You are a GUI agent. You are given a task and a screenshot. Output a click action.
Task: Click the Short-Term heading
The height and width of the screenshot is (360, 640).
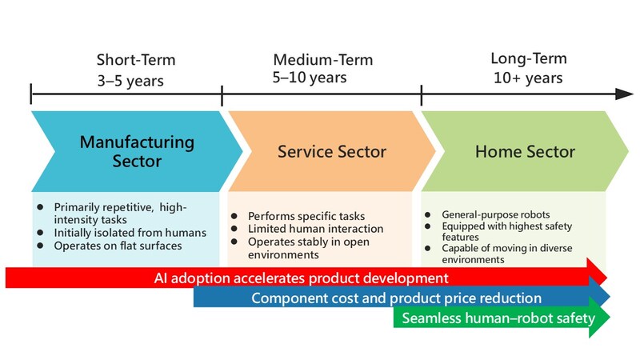tap(135, 60)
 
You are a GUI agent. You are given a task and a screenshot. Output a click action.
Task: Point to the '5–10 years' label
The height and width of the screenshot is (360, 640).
tap(310, 78)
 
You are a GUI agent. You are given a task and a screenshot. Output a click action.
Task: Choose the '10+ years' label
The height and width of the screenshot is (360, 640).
tap(527, 78)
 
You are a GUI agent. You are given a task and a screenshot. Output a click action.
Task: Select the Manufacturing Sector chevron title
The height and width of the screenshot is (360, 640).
tap(137, 151)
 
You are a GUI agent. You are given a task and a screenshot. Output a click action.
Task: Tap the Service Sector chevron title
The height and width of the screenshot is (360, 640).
tap(332, 151)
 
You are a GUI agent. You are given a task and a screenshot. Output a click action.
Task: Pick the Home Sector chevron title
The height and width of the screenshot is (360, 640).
tap(525, 151)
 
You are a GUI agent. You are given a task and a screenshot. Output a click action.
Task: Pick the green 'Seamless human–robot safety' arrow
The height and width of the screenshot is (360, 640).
tap(498, 318)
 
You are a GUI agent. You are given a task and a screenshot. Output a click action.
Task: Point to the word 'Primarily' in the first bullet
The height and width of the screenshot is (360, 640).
tap(76, 207)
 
